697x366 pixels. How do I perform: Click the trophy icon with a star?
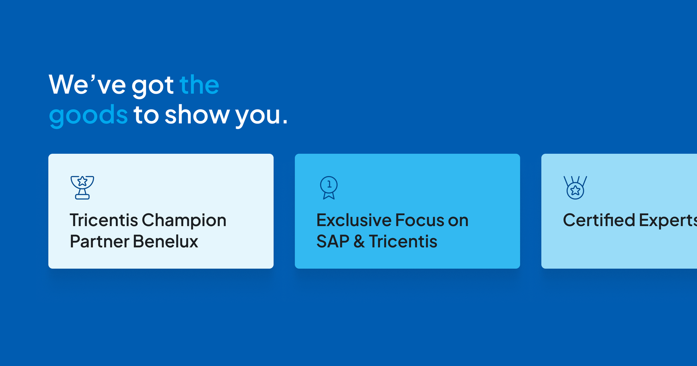click(x=82, y=188)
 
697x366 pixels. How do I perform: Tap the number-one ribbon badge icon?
click(x=329, y=188)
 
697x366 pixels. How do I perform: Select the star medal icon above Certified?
click(x=575, y=188)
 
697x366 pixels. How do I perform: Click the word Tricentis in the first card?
click(x=104, y=220)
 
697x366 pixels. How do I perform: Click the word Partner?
click(x=99, y=242)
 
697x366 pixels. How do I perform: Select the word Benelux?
click(x=165, y=242)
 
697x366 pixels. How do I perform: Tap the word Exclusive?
click(x=354, y=220)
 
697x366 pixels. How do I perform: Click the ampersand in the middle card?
click(x=359, y=242)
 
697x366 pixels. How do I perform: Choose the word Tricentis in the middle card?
click(x=403, y=242)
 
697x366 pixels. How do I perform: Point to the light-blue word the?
click(x=199, y=85)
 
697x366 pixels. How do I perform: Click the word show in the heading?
click(x=197, y=115)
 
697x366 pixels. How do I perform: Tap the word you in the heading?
click(x=258, y=117)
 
